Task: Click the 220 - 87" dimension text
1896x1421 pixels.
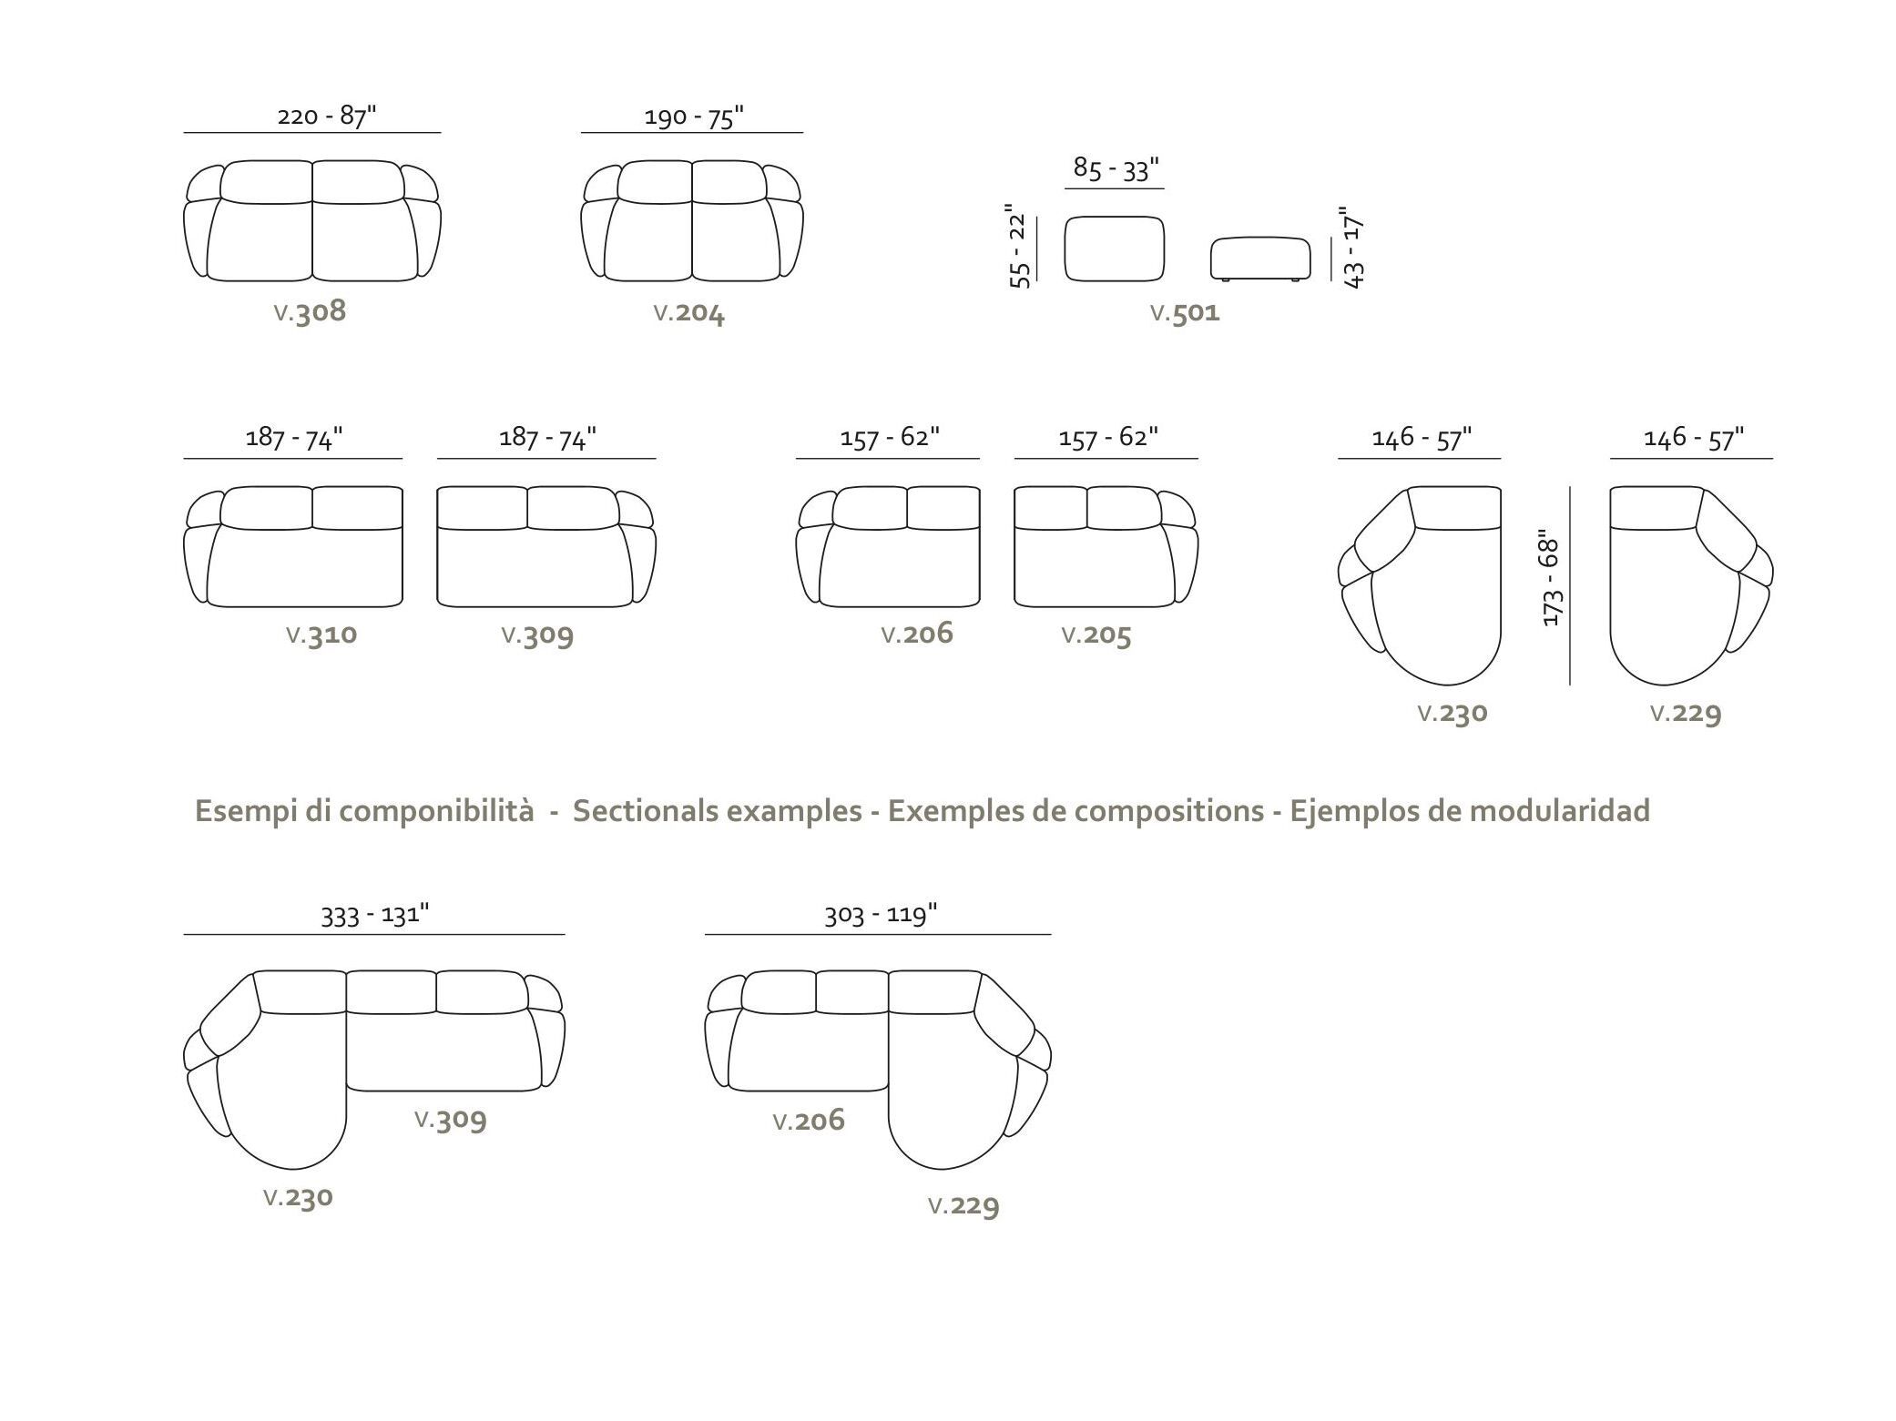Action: coord(326,116)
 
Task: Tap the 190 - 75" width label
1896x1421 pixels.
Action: coord(694,117)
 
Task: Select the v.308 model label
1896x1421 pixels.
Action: coord(310,312)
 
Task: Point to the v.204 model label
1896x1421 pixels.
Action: coord(689,313)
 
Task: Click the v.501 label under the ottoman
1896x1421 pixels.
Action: coord(1185,313)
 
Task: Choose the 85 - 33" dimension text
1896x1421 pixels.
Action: coord(1116,168)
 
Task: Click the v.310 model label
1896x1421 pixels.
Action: coord(321,634)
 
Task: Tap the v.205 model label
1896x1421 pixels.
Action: coord(1096,635)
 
